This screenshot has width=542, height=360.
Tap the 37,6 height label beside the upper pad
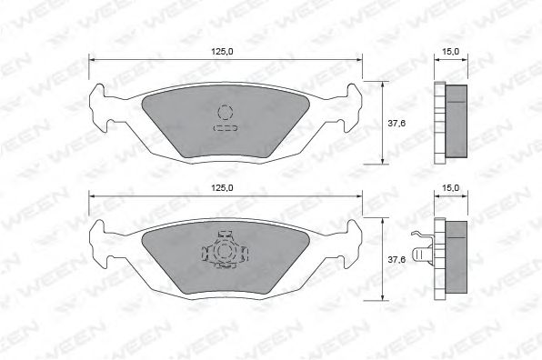396,122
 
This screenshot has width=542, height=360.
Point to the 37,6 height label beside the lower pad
396,258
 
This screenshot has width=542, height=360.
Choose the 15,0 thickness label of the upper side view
449,52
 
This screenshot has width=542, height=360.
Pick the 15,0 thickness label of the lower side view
449,188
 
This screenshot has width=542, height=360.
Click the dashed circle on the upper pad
225,112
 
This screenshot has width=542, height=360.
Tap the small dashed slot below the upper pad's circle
225,129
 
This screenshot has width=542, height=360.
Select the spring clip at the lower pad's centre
224,251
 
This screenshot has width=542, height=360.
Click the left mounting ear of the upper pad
102,108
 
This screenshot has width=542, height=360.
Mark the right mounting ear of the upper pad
349,108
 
